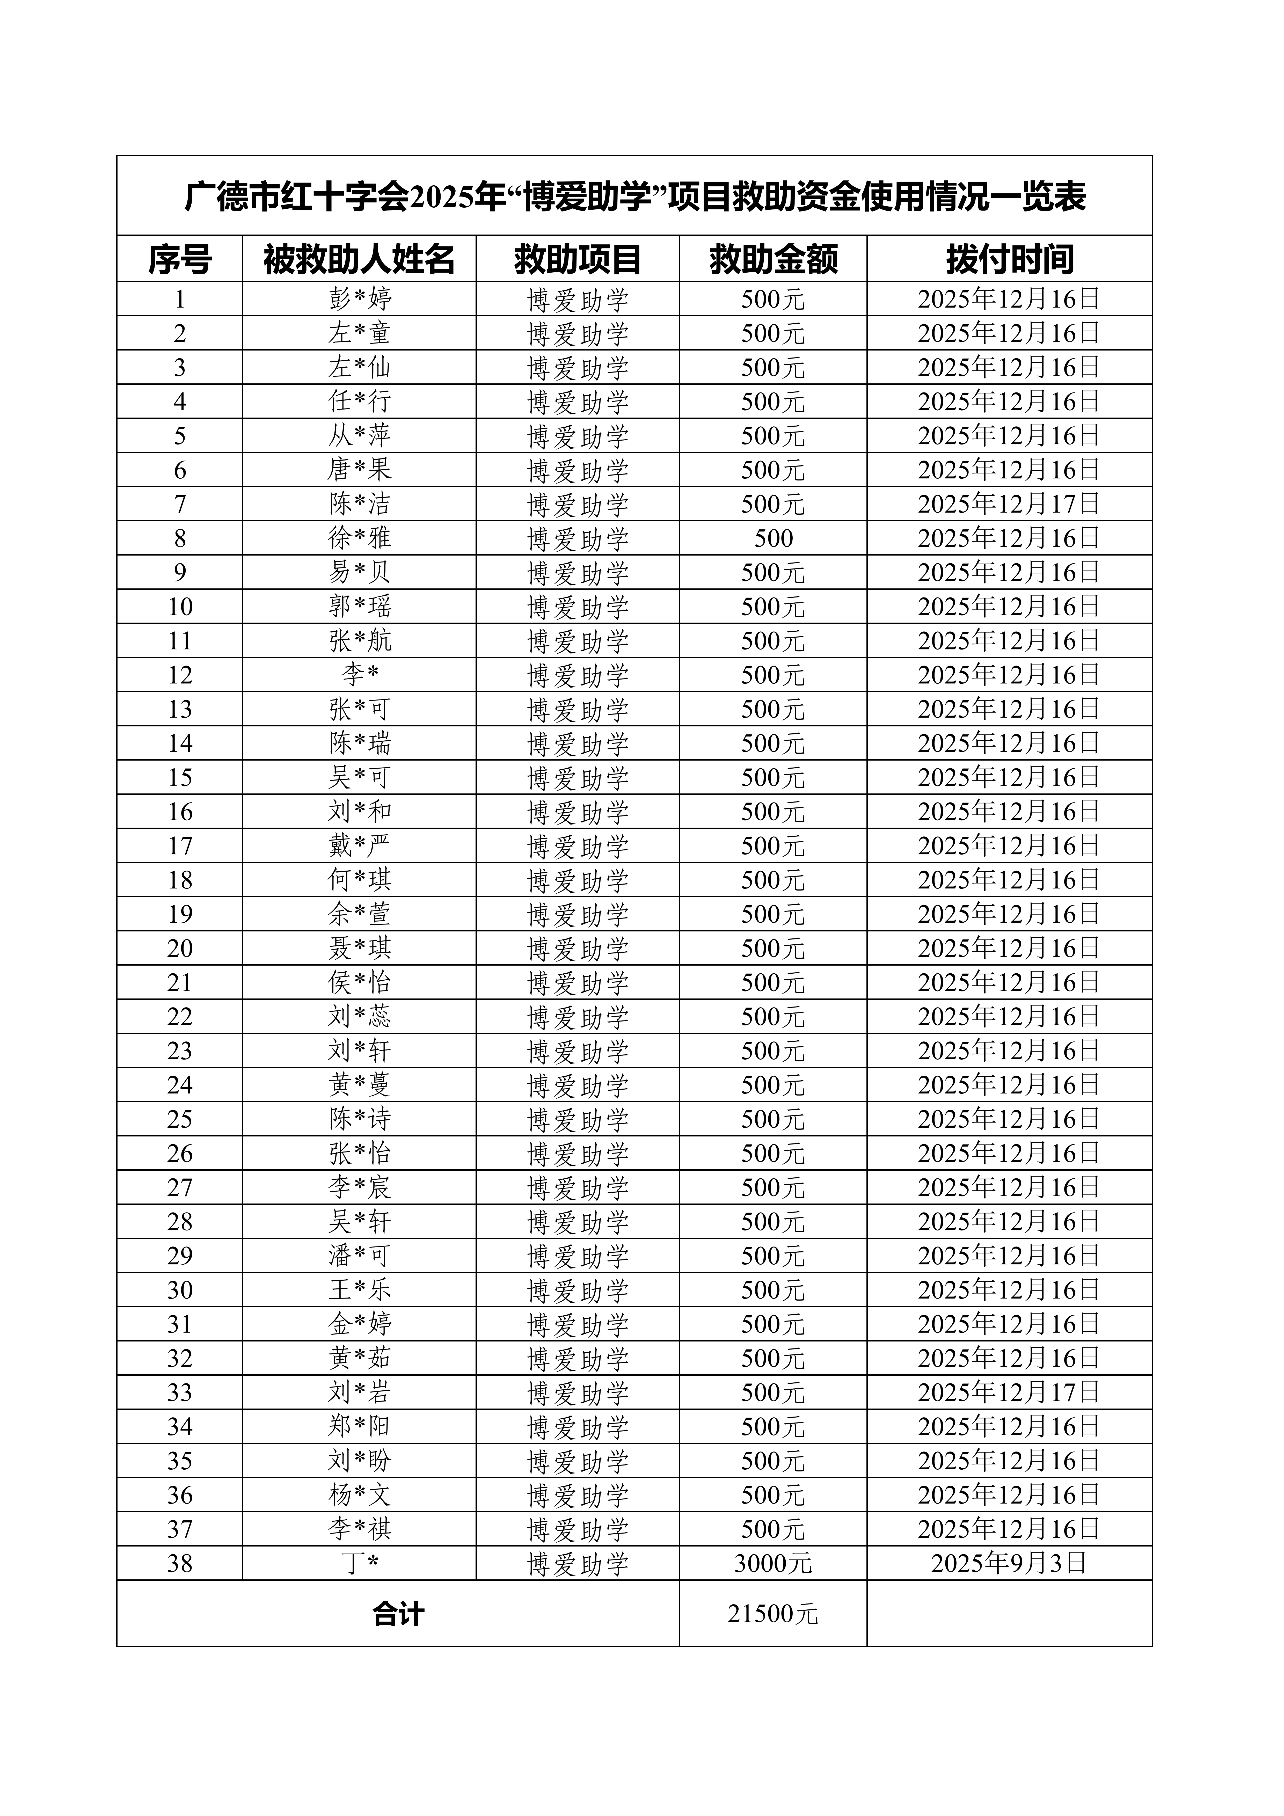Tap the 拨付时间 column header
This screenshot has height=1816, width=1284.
coord(1010,259)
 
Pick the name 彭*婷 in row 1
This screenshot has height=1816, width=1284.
coord(360,299)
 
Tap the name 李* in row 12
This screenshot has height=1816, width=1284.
coord(360,675)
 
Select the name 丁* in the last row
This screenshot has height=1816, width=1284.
coord(360,1564)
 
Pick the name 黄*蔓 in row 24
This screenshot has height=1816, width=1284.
coord(360,1085)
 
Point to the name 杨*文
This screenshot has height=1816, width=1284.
coord(360,1495)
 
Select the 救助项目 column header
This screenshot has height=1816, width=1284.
coord(578,259)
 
